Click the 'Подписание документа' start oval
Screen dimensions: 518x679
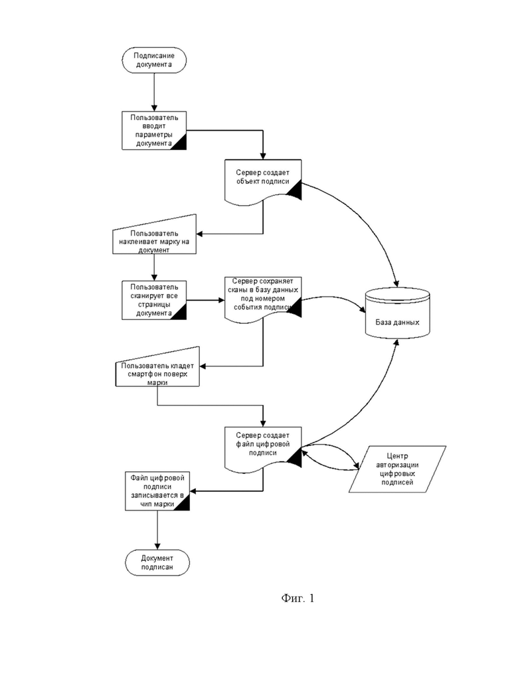(x=154, y=60)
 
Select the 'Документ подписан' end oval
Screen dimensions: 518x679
(x=157, y=562)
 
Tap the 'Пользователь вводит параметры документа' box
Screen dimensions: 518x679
(x=154, y=130)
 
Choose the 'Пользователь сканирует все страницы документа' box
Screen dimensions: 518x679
(x=154, y=300)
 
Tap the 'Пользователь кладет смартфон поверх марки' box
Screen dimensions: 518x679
(x=157, y=367)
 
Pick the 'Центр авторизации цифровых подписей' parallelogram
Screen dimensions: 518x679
(x=398, y=469)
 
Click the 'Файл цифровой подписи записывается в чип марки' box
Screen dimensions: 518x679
(x=157, y=491)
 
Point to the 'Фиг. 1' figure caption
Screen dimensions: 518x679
(x=298, y=598)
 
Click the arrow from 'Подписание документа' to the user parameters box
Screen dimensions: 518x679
(x=154, y=92)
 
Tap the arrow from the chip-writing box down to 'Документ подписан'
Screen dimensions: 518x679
(x=157, y=530)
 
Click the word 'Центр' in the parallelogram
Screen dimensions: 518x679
(x=398, y=456)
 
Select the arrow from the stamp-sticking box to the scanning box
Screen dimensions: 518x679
(x=154, y=267)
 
